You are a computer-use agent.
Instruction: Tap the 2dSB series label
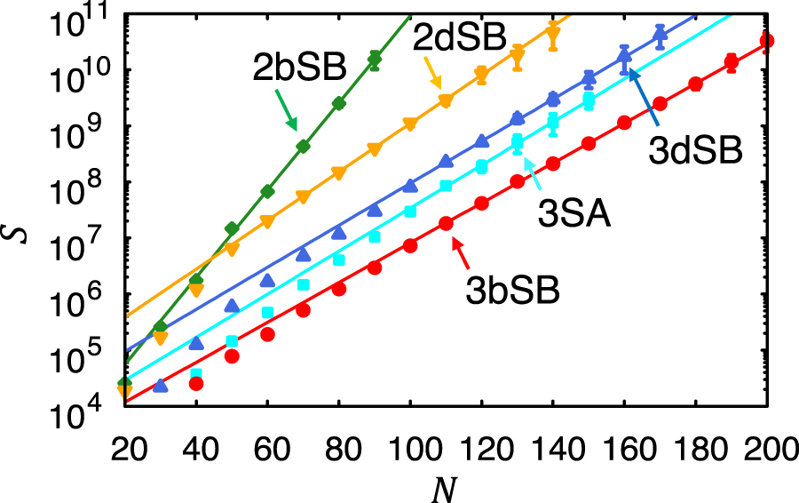pos(458,37)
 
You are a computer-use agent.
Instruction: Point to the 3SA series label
pos(575,213)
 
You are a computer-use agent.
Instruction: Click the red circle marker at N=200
pos(767,41)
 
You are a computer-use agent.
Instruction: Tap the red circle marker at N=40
pos(196,383)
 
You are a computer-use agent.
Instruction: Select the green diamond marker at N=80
pos(339,103)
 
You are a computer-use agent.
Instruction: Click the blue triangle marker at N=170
pos(660,35)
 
